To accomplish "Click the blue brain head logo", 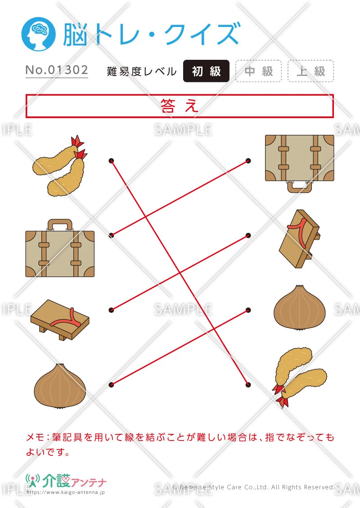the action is click(38, 34).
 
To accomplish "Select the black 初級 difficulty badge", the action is click(206, 71).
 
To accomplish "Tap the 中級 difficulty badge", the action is click(258, 71).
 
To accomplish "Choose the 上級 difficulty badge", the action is click(310, 71).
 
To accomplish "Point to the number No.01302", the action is click(57, 70).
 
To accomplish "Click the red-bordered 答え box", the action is click(180, 106).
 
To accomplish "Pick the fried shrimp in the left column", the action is click(60, 165).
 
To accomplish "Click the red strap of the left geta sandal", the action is click(67, 321).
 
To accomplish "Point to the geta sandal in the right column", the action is click(300, 239).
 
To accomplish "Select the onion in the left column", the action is click(60, 385).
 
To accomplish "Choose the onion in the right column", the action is click(300, 307).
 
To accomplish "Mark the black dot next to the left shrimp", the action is click(111, 160).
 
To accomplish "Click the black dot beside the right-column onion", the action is click(248, 310).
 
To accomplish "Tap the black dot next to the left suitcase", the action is click(111, 235).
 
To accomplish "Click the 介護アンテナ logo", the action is click(66, 481).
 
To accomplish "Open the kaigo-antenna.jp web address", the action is click(66, 492).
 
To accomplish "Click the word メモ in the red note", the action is click(35, 437).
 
